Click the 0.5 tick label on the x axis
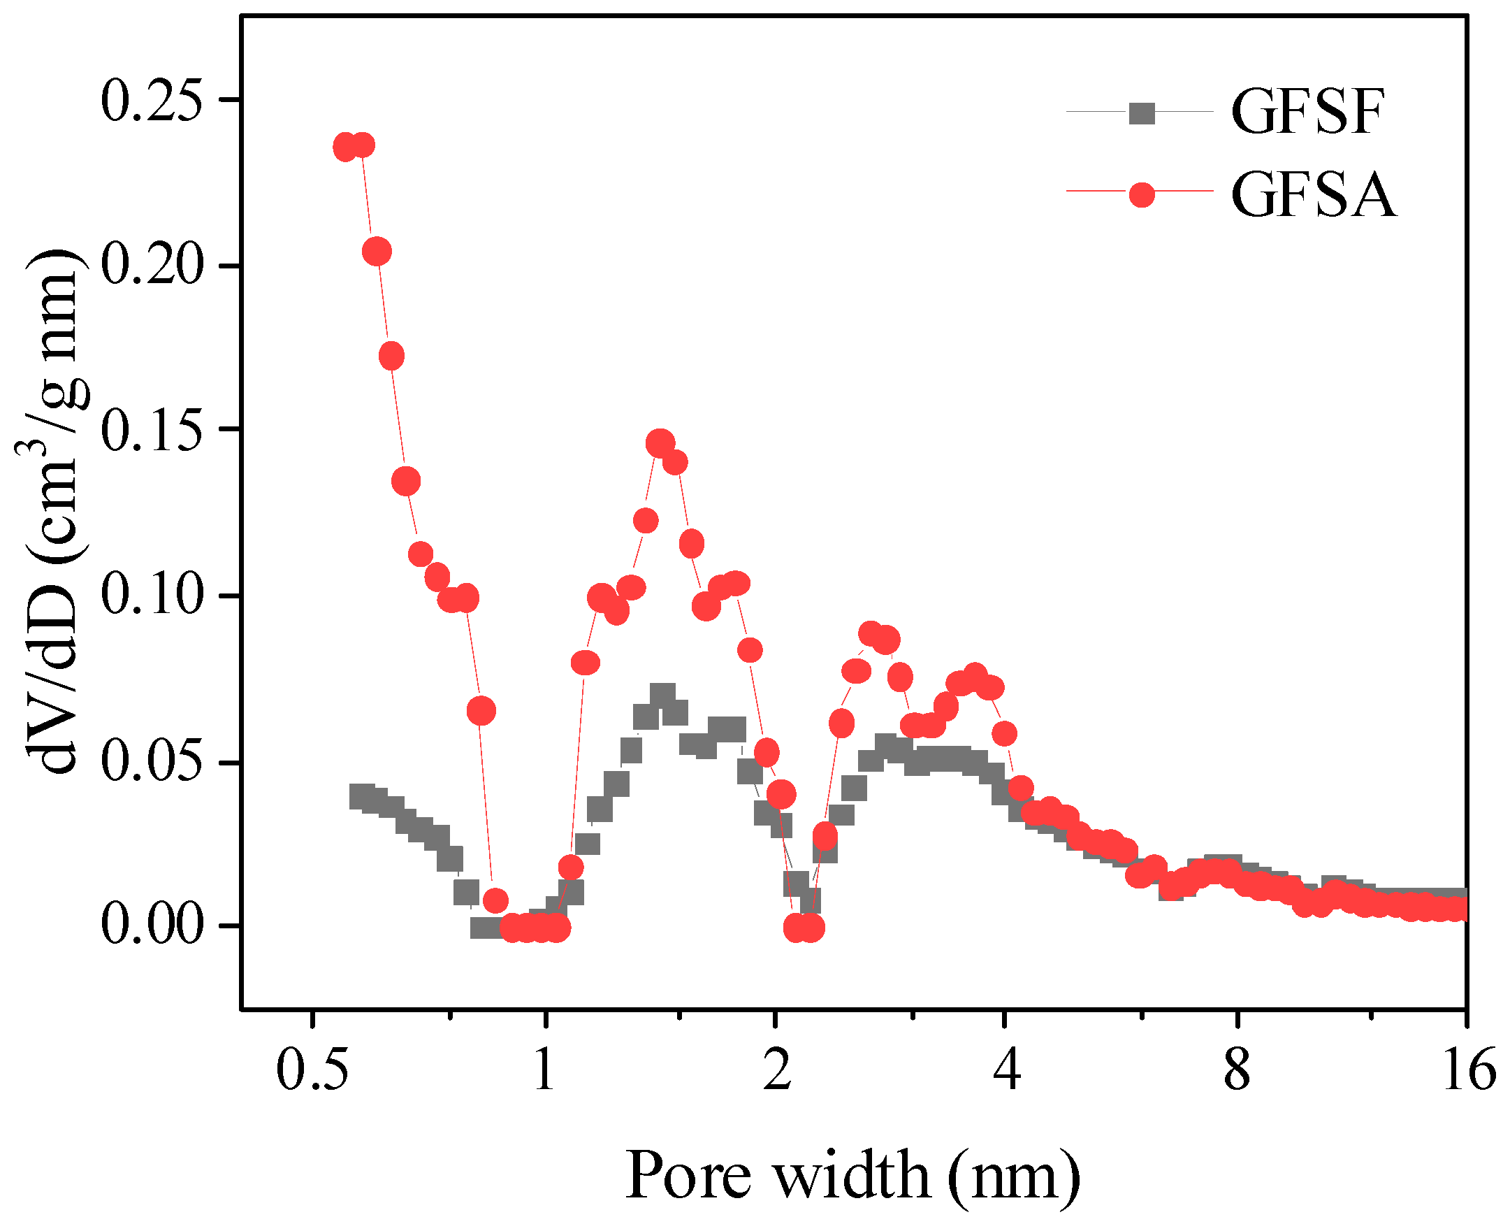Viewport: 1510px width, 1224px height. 312,1070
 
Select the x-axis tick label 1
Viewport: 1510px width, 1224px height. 544,1070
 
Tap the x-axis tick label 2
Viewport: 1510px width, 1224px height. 776,1070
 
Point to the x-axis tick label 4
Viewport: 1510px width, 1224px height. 1007,1070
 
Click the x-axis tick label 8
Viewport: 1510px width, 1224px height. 1237,1070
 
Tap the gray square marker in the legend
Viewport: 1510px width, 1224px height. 1142,113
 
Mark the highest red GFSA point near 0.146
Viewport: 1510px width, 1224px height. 660,443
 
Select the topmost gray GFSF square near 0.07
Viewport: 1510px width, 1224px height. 662,696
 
